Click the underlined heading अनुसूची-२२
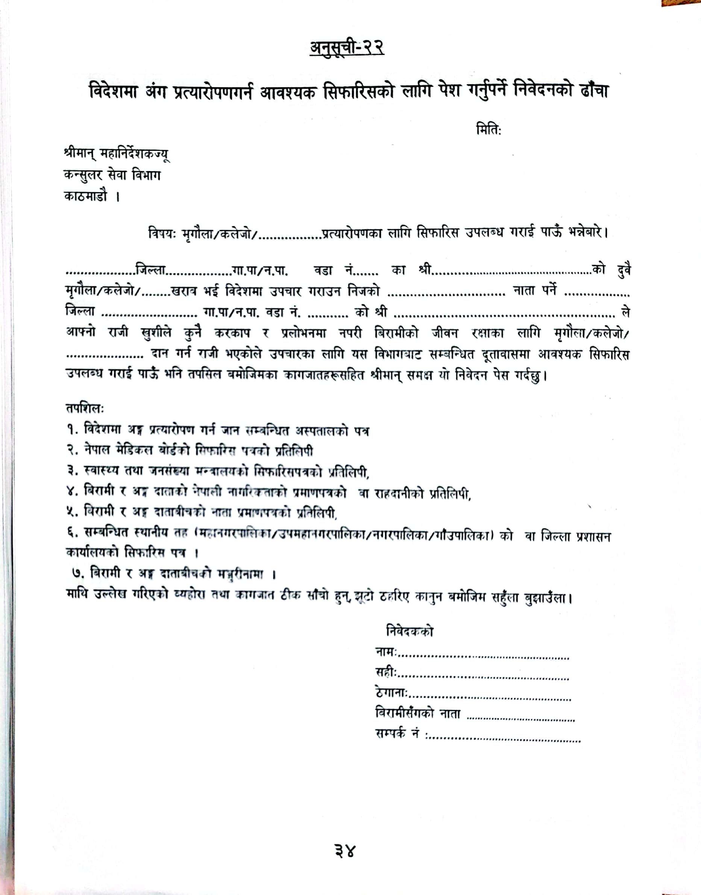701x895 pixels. tap(347, 48)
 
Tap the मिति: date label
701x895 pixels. tap(489, 130)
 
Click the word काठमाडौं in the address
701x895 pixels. tap(85, 196)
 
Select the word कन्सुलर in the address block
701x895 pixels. tap(83, 175)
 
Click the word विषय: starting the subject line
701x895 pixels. tap(162, 234)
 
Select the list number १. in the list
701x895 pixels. tap(73, 430)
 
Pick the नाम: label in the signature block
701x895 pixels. tap(386, 652)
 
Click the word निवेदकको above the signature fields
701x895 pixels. tap(409, 631)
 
